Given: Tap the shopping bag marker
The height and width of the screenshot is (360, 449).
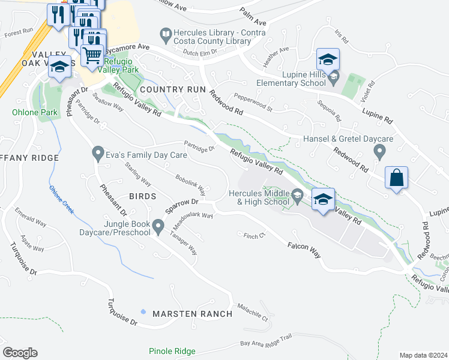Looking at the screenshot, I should (x=397, y=178).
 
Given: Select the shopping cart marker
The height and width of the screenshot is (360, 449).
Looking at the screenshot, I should (x=92, y=55).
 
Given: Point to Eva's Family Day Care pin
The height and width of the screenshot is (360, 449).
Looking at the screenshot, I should (x=98, y=155).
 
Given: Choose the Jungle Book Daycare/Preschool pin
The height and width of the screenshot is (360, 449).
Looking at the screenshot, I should (x=158, y=226).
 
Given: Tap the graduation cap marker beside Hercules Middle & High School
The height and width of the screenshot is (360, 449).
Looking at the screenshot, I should (x=323, y=199).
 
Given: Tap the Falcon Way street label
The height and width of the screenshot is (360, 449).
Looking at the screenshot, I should (x=304, y=250).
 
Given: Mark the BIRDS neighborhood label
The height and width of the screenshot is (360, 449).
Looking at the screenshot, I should (x=142, y=196).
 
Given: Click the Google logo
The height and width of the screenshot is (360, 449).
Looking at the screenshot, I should (x=19, y=353).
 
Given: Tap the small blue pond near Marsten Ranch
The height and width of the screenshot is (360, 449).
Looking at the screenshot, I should (x=142, y=311).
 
